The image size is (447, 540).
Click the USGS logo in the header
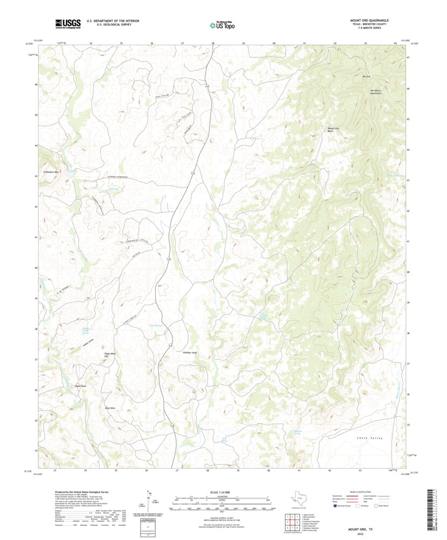point(67,23)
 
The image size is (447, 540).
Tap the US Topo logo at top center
point(222,24)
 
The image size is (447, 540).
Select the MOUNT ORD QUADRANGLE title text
point(369,20)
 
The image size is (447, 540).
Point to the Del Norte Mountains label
point(376,92)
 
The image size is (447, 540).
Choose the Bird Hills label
point(110,409)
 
